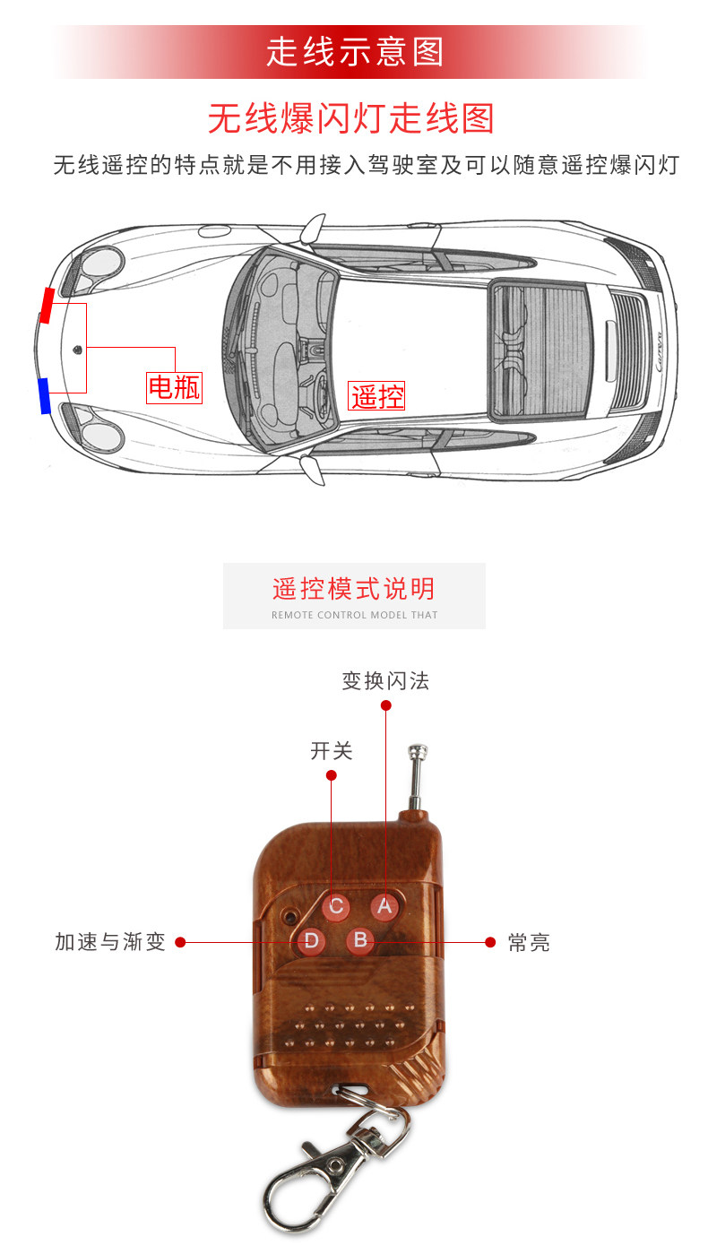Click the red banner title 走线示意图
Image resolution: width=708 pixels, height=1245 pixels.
(354, 53)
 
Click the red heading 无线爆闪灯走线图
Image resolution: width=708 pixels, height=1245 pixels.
(351, 118)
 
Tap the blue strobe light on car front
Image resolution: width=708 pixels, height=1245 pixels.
(44, 395)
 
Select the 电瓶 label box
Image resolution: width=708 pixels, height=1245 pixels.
(174, 387)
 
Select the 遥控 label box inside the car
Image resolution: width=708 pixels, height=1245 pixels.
(377, 395)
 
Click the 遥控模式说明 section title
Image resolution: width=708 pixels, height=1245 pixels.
(354, 589)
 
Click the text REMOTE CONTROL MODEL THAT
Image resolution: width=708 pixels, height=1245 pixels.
(354, 615)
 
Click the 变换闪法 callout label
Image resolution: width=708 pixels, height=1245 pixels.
(385, 681)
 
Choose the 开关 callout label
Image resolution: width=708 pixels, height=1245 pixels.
(332, 751)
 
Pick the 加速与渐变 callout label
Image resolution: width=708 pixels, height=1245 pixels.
(110, 942)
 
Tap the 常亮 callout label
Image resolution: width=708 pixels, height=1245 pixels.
(529, 942)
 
